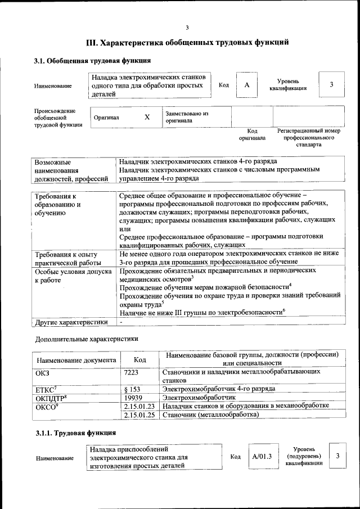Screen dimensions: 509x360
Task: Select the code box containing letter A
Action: (246, 84)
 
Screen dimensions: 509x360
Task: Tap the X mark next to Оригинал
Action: (147, 117)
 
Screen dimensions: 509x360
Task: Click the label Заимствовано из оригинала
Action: (187, 117)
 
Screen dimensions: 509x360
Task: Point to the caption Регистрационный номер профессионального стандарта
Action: (309, 137)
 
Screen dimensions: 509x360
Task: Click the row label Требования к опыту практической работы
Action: (67, 258)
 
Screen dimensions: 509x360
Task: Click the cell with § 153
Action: (132, 389)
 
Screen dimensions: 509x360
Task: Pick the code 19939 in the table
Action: (132, 397)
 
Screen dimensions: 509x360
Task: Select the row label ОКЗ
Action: (43, 372)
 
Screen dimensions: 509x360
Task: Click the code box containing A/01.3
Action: (262, 456)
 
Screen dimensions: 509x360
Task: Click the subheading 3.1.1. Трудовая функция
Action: (75, 433)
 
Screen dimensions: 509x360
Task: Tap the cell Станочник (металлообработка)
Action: (210, 415)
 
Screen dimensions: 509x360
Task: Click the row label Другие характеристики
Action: (71, 322)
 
